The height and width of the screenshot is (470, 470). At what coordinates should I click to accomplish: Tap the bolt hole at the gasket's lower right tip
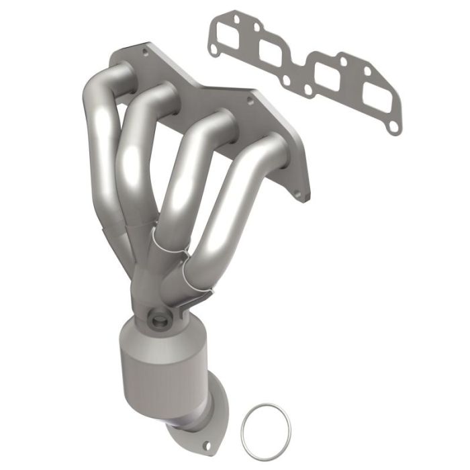click(390, 127)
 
